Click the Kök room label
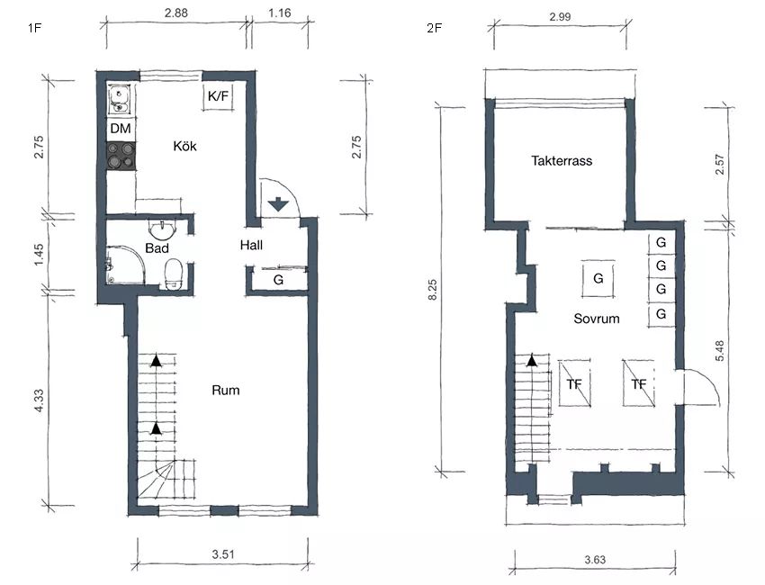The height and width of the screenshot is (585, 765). tap(184, 146)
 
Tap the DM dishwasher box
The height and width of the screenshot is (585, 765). tap(121, 129)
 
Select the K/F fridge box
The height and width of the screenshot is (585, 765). tap(218, 96)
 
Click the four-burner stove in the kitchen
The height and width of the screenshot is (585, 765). tap(121, 156)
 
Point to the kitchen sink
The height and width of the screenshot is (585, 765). tap(119, 100)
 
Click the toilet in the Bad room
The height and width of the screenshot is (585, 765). tap(173, 274)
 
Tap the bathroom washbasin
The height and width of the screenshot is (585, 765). tap(161, 229)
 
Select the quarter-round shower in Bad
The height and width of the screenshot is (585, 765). tap(125, 265)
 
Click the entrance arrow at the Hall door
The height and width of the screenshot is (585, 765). tap(278, 203)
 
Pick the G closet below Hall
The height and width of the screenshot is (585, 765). tap(278, 280)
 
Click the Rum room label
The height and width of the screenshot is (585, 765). tap(225, 390)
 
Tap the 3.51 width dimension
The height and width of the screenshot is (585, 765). tap(223, 553)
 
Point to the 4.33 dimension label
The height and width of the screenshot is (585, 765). tap(39, 400)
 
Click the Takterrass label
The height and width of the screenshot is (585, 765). tap(562, 160)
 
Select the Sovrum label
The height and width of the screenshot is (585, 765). tap(596, 319)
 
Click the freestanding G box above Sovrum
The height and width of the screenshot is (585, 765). tap(598, 278)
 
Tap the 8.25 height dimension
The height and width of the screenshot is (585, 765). tap(432, 289)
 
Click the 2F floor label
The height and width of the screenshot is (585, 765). tap(434, 28)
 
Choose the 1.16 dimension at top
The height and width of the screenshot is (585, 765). tap(280, 13)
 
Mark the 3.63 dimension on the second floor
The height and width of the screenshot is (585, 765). tap(595, 559)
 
